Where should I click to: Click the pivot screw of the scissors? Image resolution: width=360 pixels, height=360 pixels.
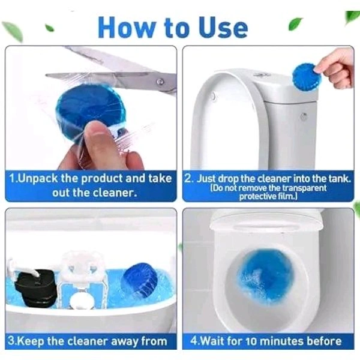160,82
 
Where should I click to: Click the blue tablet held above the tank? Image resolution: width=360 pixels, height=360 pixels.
306,77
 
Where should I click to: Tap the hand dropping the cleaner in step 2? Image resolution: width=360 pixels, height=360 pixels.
337,64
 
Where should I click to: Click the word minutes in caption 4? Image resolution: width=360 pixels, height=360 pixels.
283,342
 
